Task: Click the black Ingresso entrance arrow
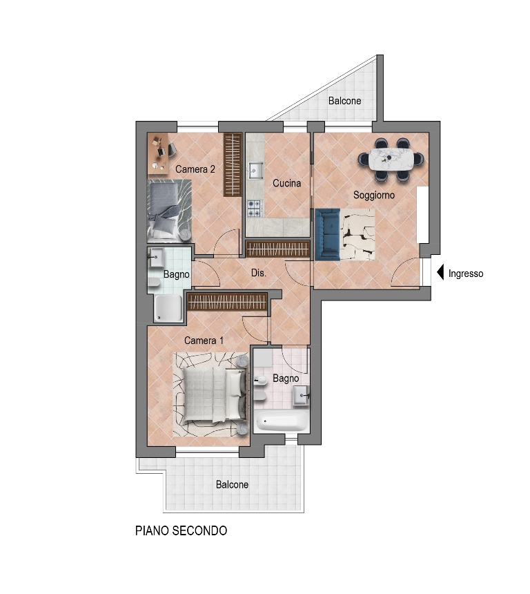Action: click(440, 273)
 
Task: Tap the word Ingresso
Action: click(466, 274)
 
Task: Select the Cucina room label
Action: click(286, 183)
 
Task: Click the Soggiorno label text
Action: click(373, 195)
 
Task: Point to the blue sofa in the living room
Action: click(328, 235)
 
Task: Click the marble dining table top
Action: click(391, 160)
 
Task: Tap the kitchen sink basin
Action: click(256, 171)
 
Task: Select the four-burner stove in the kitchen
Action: click(255, 209)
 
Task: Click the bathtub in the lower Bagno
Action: click(282, 421)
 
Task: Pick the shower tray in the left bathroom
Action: click(168, 308)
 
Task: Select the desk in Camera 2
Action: click(157, 153)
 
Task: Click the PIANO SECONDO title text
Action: click(181, 530)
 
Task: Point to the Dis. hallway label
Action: click(259, 273)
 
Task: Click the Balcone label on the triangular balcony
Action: click(344, 101)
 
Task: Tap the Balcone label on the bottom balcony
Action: click(232, 484)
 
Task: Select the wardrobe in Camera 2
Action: click(233, 165)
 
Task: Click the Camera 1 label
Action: click(204, 341)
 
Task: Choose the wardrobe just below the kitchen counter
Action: click(278, 249)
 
